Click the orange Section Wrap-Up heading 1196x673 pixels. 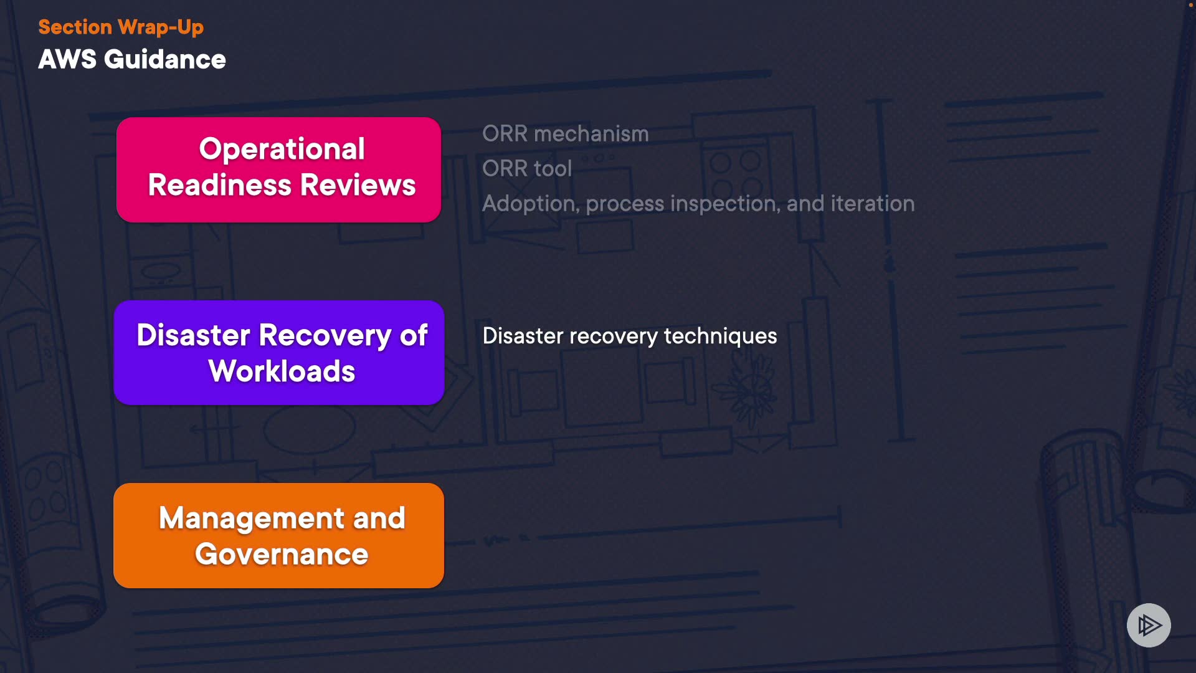pos(121,27)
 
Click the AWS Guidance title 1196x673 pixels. pos(132,60)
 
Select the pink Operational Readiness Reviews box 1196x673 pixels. pos(278,169)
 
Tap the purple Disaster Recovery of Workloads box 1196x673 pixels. pos(278,353)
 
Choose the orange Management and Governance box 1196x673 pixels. pos(278,535)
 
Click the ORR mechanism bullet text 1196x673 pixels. pos(566,134)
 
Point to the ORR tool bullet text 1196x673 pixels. pos(527,169)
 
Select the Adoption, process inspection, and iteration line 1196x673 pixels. pos(698,204)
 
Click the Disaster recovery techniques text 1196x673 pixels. pos(630,336)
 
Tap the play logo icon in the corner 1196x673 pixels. pos(1149,625)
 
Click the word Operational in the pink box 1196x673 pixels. pos(282,150)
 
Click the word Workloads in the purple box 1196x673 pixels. pos(282,371)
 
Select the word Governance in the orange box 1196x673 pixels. pos(282,555)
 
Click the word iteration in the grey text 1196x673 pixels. pos(873,204)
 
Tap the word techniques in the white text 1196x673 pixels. pos(721,336)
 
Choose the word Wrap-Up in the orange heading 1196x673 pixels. pos(161,27)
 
